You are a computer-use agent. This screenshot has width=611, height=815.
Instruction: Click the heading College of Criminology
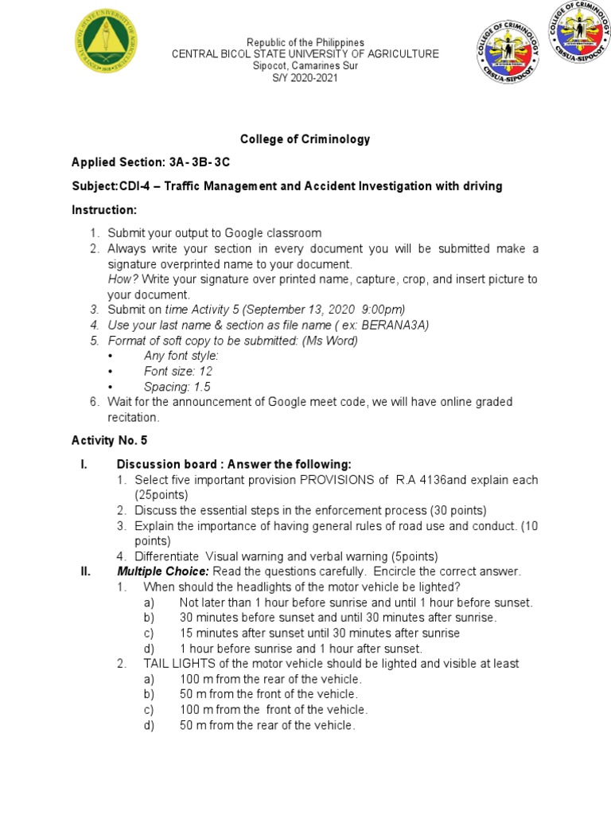[305, 138]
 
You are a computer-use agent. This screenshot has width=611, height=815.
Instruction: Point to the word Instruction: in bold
[104, 209]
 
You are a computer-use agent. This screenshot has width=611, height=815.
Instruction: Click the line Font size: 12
[178, 371]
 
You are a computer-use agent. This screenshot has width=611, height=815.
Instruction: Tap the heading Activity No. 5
[110, 440]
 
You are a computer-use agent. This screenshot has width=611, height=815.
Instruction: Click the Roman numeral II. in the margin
[79, 571]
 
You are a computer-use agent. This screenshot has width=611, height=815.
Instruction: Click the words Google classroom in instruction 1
[273, 233]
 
